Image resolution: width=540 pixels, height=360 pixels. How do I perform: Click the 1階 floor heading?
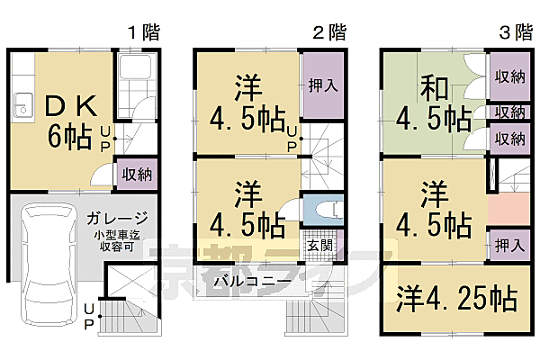tap(143, 32)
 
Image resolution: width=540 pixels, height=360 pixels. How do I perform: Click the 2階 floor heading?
tap(329, 32)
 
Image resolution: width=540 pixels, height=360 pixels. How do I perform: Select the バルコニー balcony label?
tap(252, 281)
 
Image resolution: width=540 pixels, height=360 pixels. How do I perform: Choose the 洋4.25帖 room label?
tap(457, 300)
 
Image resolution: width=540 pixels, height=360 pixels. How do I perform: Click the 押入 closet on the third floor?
tap(508, 242)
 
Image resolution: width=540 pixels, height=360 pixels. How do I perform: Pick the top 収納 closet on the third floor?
tap(509, 76)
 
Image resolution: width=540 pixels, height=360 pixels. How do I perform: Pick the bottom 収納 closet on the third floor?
tap(509, 139)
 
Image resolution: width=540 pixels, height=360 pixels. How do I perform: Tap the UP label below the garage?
tap(88, 317)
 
